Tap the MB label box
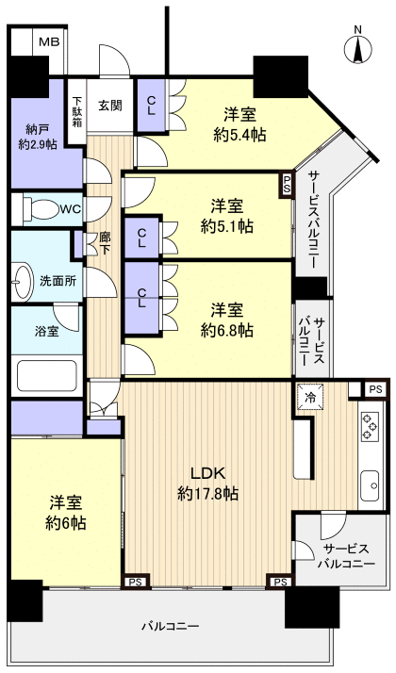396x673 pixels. pos(48,41)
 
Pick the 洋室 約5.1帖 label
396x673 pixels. pos(227,215)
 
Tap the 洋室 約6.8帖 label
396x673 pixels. pos(227,320)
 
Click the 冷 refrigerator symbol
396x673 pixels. pos(307,397)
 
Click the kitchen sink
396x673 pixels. pos(368,484)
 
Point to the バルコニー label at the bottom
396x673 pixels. pos(170,626)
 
